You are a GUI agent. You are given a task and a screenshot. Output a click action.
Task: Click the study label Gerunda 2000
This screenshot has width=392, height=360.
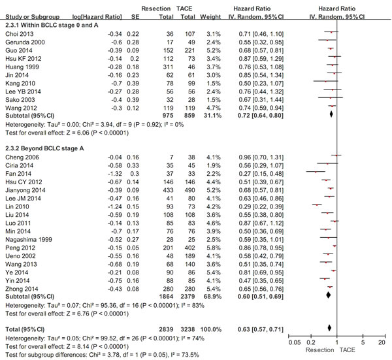pos(25,42)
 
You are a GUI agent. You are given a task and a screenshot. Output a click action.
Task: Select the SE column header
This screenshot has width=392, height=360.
pos(135,17)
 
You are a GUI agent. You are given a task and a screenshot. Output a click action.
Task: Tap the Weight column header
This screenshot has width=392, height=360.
pos(210,17)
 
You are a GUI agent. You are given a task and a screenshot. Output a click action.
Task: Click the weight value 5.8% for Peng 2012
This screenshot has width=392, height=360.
pos(214,248)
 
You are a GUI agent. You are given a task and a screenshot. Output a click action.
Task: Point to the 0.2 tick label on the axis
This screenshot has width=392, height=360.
pos(311,342)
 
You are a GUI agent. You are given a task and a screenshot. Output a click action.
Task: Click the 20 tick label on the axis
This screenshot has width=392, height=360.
pos(382,342)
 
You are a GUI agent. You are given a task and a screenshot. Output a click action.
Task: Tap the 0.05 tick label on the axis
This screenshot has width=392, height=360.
pos(295,342)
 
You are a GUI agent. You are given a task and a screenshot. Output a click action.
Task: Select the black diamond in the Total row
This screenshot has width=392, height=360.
pos(329,328)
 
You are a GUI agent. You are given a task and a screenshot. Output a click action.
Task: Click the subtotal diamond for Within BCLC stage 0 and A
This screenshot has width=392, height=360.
pos(331,114)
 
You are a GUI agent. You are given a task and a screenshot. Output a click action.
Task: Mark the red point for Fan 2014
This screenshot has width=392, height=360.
pos(316,172)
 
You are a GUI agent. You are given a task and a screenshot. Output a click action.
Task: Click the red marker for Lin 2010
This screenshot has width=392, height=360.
pos(317,205)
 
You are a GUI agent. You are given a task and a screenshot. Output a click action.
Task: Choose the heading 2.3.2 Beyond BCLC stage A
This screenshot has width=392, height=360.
pos(44,148)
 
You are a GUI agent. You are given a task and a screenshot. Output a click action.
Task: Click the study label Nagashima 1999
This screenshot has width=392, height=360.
pos(29,240)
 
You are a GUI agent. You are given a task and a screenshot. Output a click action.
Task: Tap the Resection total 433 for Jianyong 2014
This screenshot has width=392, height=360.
pos(168,190)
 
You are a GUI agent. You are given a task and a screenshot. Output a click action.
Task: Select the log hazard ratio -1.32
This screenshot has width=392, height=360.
pos(115,174)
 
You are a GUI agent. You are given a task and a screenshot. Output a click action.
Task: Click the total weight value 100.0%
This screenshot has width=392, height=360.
pos(211,329)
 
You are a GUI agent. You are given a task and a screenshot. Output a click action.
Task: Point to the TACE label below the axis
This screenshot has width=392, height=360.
pos(347,350)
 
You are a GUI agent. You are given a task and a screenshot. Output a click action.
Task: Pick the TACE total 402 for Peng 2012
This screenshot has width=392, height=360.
pos(189,248)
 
